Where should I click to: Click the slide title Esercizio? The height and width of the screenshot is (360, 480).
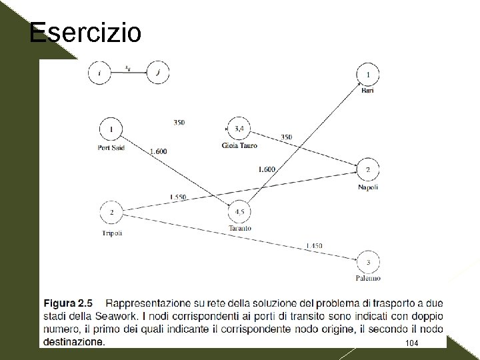click(85, 31)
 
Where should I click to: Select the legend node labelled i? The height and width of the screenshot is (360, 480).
click(100, 73)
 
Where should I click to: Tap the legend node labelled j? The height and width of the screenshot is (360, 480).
click(157, 73)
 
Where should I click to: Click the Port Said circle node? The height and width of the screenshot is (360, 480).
click(111, 129)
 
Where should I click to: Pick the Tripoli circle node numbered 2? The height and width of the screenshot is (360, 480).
click(111, 213)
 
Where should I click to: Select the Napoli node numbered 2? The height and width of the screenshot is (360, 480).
click(368, 171)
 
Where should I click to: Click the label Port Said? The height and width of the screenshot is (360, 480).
click(111, 147)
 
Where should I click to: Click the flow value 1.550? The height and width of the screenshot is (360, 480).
click(178, 197)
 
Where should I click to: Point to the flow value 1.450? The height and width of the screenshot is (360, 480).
click(314, 246)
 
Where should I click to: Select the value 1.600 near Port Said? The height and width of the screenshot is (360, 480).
click(158, 151)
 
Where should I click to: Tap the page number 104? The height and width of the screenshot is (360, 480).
click(411, 342)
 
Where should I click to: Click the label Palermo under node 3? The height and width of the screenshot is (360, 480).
click(368, 277)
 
